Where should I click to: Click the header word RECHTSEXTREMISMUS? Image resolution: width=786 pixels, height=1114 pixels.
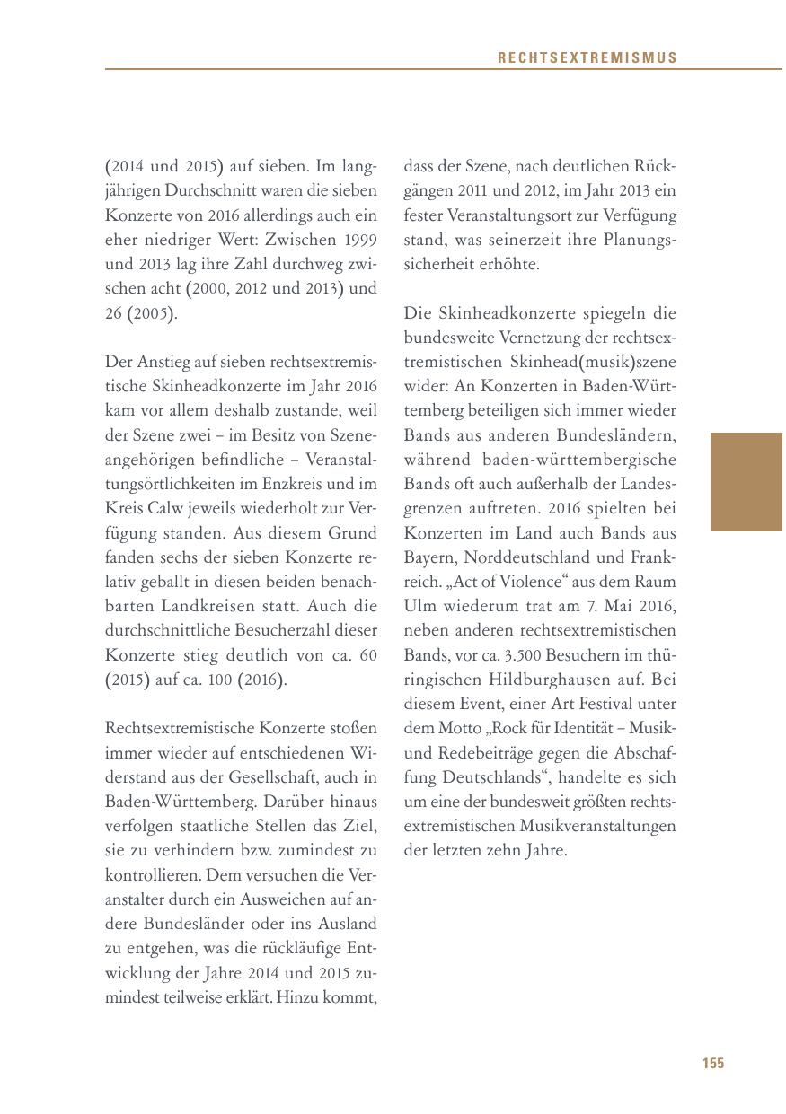pos(587,58)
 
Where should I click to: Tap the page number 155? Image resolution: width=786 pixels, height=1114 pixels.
pos(712,1063)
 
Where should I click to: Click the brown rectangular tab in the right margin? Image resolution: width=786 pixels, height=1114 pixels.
pos(746,482)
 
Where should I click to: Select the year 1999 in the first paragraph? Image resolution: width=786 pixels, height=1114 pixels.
pos(358,241)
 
